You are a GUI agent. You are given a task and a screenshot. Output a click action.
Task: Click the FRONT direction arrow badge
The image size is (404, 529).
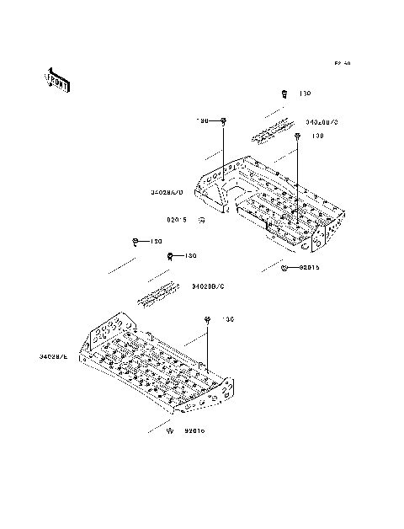tap(57, 78)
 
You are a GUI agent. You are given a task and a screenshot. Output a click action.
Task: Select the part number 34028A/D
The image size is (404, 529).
tap(167, 192)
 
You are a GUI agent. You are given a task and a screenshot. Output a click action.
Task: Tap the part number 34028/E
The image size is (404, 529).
tap(53, 357)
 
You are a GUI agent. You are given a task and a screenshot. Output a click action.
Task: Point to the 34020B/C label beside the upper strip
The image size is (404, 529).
tap(322, 122)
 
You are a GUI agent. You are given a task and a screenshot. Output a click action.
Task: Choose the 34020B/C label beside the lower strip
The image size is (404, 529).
tap(208, 286)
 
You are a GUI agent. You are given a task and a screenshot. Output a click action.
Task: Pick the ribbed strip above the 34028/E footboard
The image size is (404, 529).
tap(158, 293)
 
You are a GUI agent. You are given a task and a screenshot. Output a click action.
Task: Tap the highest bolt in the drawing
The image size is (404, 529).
tap(284, 94)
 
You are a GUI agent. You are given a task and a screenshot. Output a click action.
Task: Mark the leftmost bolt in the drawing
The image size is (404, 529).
tap(136, 242)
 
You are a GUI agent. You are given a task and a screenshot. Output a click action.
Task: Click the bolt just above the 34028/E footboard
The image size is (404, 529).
tap(206, 320)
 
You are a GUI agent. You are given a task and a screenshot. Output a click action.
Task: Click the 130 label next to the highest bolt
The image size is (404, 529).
tap(306, 94)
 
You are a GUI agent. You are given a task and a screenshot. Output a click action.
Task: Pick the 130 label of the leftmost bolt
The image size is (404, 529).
tap(156, 242)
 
